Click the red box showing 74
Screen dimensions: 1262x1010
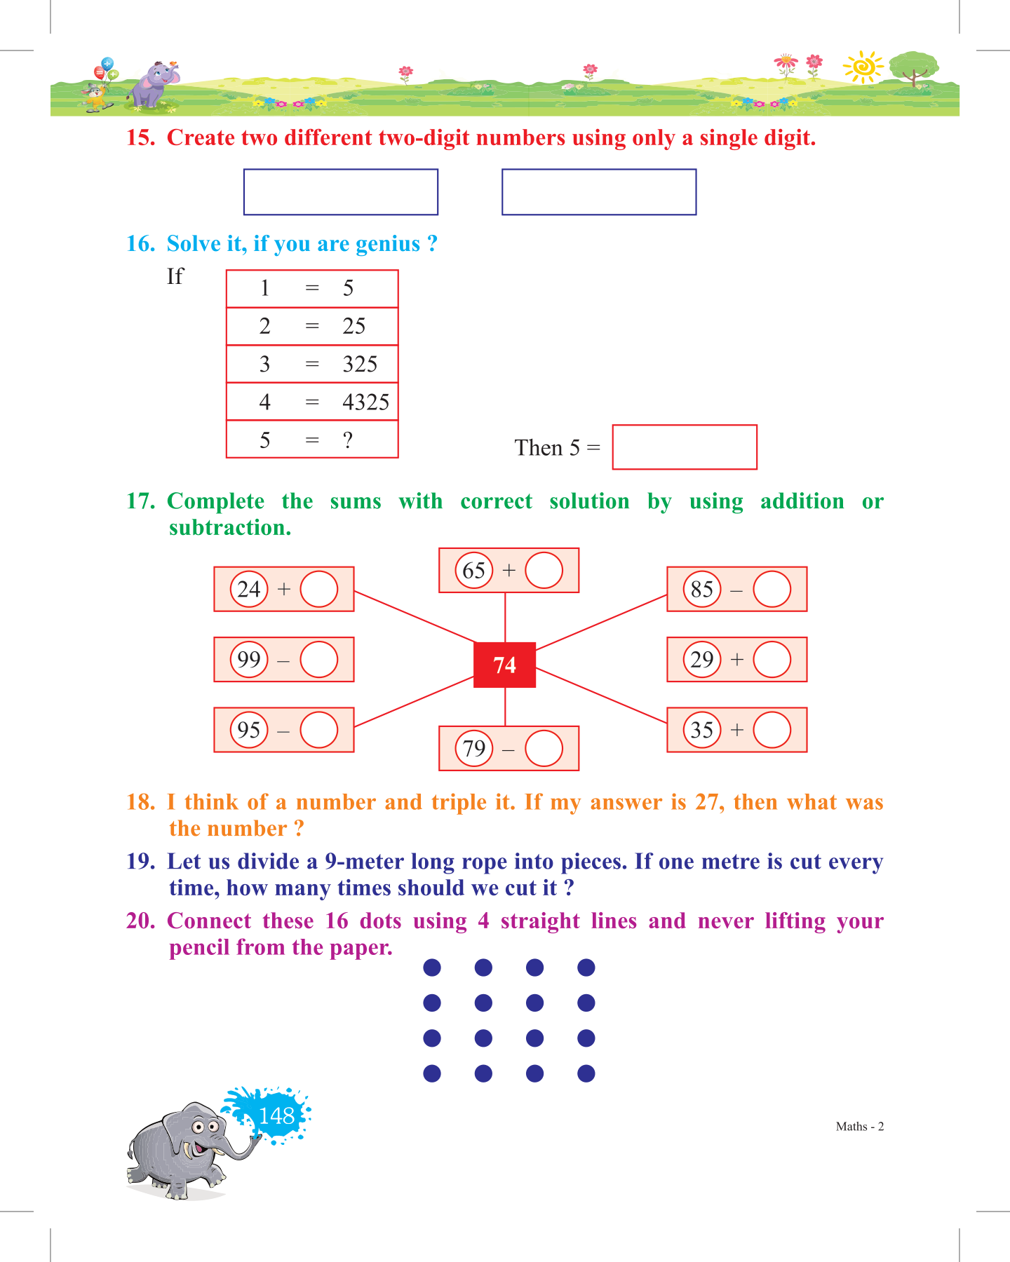504,665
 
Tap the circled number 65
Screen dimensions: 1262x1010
474,570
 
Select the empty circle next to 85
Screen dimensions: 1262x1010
772,589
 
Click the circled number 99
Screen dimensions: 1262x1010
249,659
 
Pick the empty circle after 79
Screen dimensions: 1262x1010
544,748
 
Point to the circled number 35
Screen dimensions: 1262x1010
702,730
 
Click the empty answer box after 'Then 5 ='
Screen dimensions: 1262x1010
684,447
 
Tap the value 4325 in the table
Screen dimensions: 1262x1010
365,402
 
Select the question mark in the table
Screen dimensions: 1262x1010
348,440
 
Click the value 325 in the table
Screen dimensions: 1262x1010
360,365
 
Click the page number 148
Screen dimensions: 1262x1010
276,1115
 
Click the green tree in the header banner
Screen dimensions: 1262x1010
913,68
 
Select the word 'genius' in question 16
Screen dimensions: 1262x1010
388,244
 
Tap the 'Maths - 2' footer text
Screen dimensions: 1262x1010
859,1127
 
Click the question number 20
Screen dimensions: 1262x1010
140,921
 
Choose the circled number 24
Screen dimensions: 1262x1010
249,589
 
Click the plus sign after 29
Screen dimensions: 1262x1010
736,659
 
